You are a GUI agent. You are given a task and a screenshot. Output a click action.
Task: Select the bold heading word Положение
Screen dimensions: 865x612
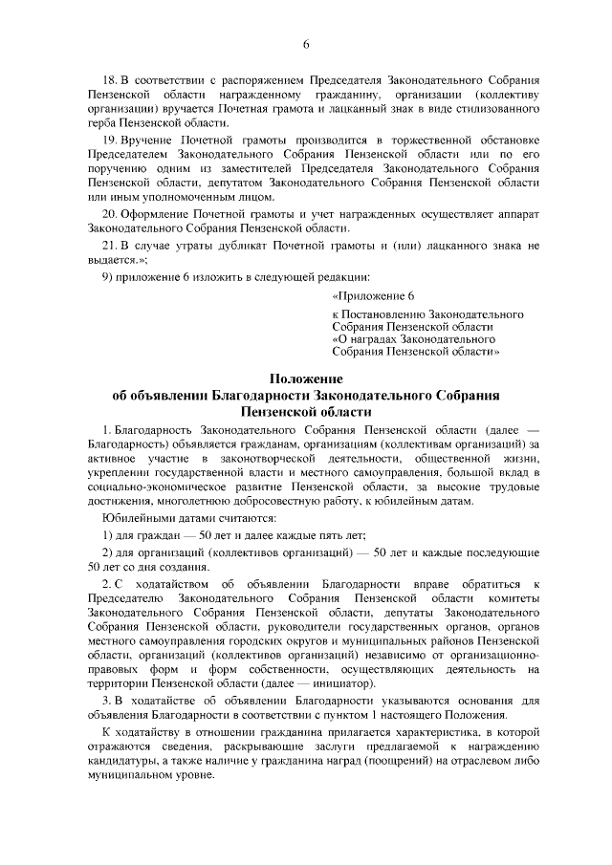pos(306,379)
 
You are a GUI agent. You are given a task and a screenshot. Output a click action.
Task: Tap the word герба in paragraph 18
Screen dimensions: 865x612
pos(101,124)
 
